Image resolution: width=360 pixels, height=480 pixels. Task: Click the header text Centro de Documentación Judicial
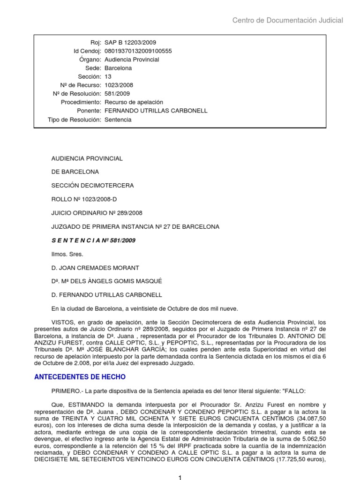288,20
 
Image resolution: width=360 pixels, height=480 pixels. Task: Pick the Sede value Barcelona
118,68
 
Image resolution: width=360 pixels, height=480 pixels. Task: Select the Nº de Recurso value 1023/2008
119,85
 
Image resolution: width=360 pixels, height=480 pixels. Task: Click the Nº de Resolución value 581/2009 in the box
117,94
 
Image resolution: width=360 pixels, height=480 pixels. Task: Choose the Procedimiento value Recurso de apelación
134,102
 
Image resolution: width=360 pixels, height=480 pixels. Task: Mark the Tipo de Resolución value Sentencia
118,120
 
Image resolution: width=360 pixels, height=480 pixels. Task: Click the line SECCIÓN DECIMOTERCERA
92,185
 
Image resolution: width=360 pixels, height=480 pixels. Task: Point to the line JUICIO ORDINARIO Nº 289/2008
97,213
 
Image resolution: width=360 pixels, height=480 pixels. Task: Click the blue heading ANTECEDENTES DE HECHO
80,377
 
